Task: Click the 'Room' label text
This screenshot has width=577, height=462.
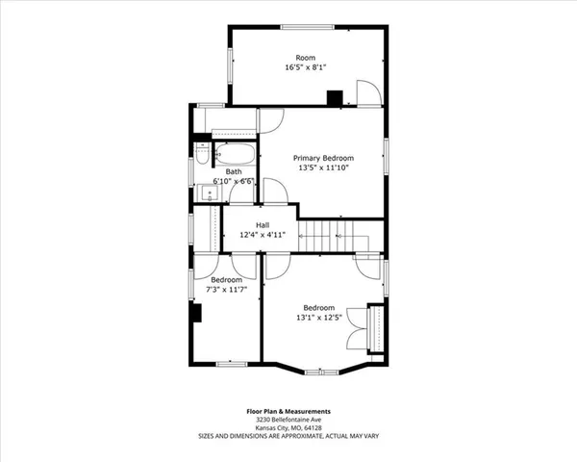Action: pyautogui.click(x=305, y=58)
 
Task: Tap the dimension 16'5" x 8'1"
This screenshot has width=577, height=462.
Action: pyautogui.click(x=305, y=68)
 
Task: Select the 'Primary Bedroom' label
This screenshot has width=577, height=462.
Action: pyautogui.click(x=323, y=158)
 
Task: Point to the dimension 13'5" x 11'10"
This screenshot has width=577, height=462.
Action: pyautogui.click(x=323, y=168)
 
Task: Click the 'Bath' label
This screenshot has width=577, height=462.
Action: pyautogui.click(x=234, y=171)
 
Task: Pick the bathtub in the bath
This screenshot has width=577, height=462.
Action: pyautogui.click(x=234, y=155)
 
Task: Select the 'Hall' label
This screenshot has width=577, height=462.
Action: pyautogui.click(x=262, y=225)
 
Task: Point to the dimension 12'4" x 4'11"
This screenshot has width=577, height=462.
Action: pyautogui.click(x=262, y=235)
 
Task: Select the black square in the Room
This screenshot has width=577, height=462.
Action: pyautogui.click(x=335, y=96)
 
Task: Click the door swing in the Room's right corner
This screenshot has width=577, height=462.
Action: pyautogui.click(x=367, y=92)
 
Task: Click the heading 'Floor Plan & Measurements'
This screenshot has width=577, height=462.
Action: pyautogui.click(x=288, y=411)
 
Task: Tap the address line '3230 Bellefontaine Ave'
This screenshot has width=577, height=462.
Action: pyautogui.click(x=288, y=420)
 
